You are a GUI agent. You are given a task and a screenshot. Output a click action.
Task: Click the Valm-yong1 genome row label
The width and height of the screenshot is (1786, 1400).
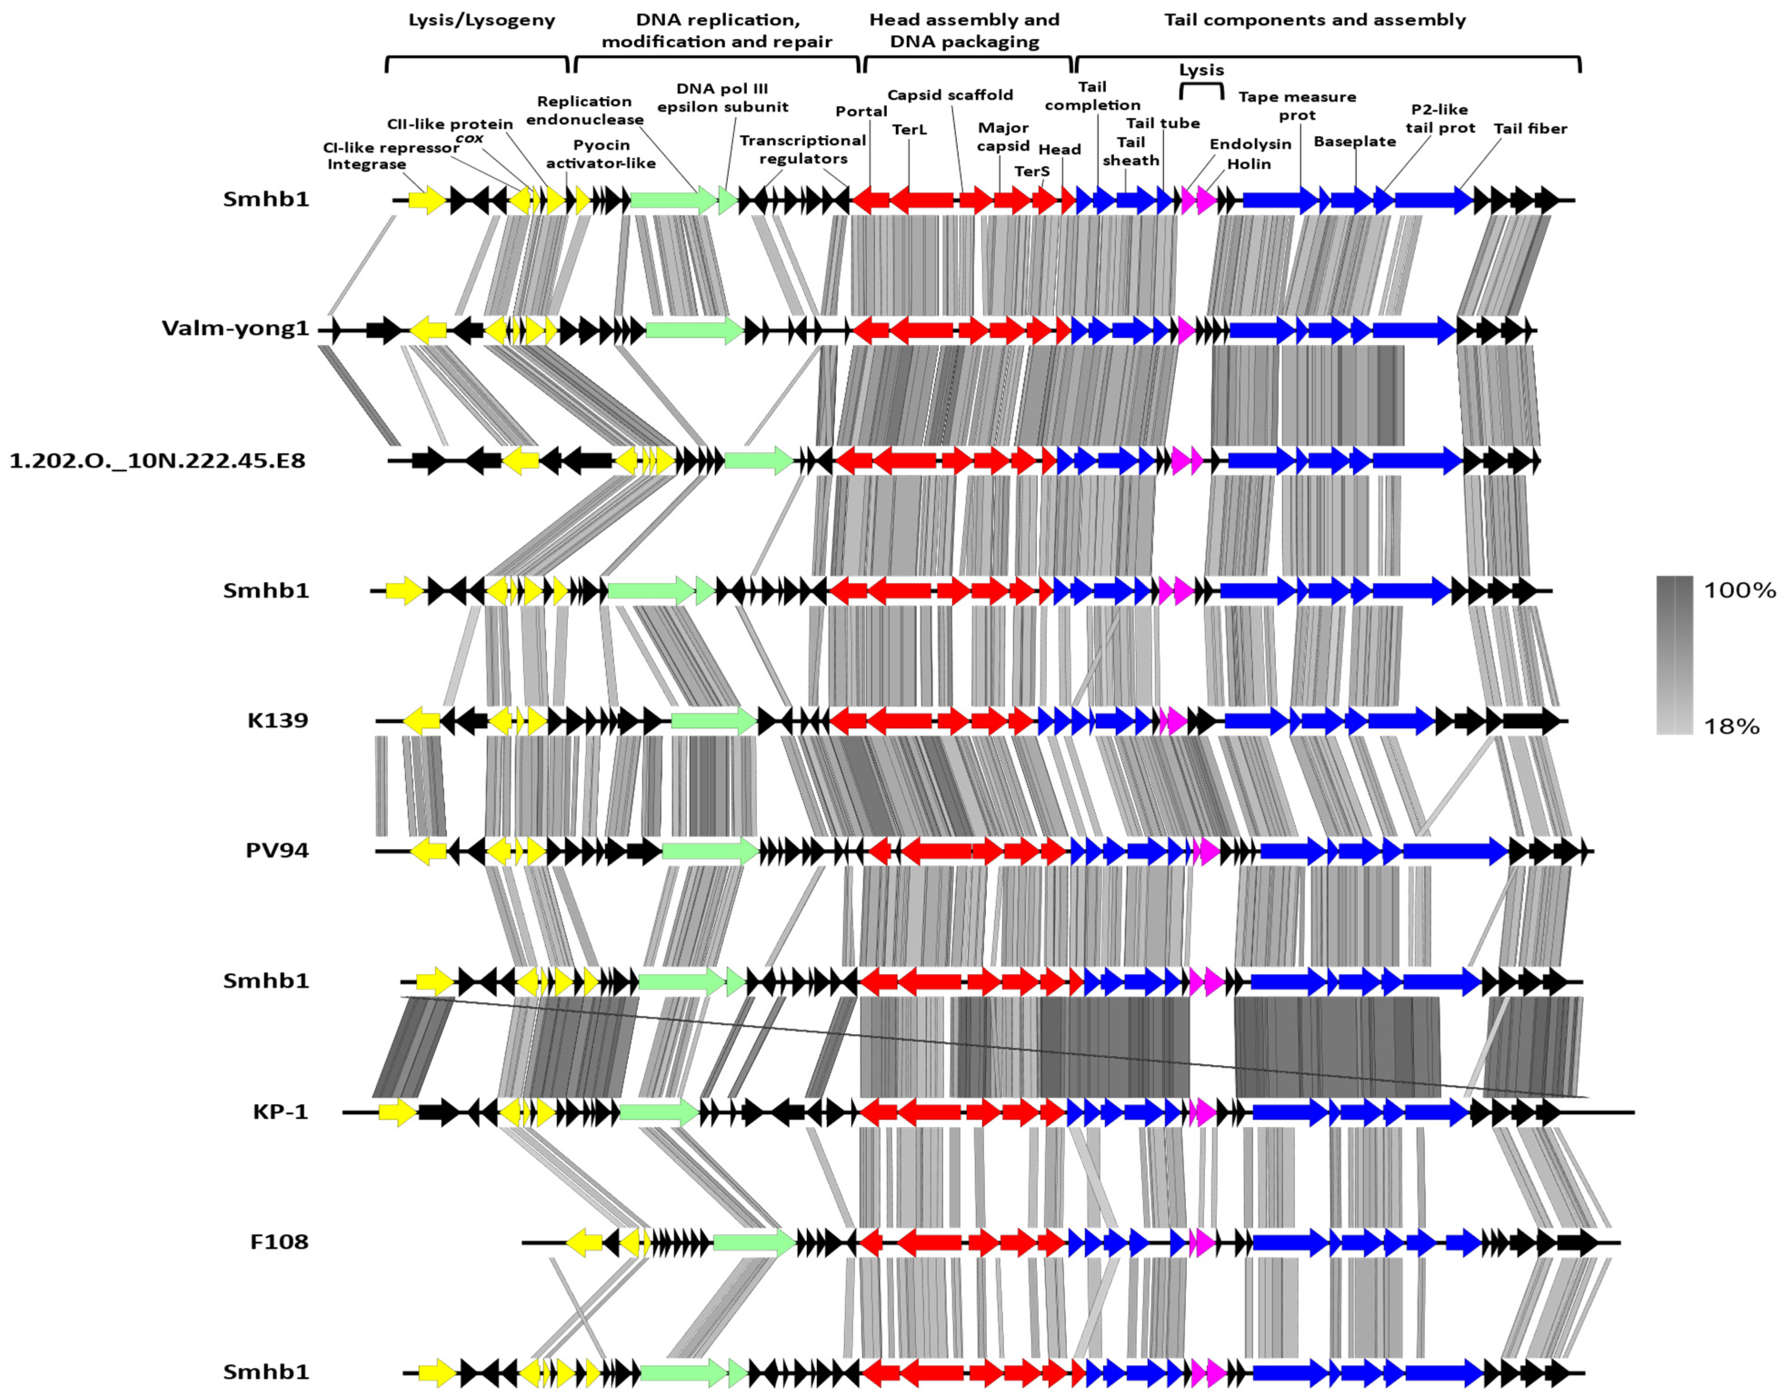[235, 329]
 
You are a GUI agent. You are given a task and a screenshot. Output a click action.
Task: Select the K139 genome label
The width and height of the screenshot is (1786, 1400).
[278, 720]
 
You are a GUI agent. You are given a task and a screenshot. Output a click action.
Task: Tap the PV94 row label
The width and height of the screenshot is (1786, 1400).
[277, 850]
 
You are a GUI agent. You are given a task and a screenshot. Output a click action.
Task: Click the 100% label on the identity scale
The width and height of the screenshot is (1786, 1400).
[1739, 590]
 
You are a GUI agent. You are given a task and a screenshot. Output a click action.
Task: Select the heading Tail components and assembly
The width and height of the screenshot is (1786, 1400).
[1315, 20]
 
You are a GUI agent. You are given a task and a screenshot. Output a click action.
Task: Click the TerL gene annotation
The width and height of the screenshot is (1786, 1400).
[909, 129]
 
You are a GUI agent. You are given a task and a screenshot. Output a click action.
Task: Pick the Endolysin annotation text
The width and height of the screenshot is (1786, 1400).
[1250, 144]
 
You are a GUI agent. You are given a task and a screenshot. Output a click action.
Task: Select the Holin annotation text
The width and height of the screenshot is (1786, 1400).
[1249, 164]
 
